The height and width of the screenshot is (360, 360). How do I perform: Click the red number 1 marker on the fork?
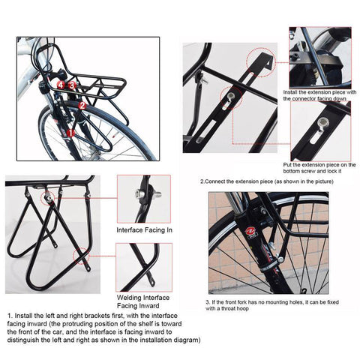click(x=71, y=133)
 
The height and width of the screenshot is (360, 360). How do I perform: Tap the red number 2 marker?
click(x=82, y=106)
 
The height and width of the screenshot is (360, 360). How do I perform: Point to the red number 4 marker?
click(x=61, y=85)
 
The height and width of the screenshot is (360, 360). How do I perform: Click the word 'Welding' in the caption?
click(x=129, y=297)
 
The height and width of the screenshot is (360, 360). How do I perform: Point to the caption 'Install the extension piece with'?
click(x=319, y=91)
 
